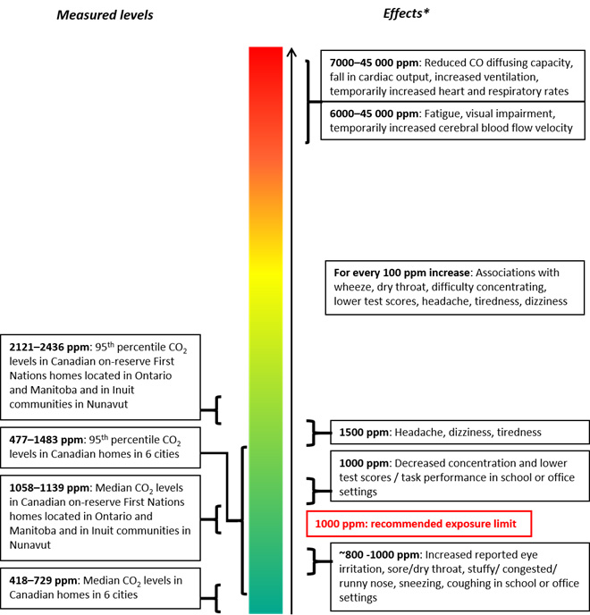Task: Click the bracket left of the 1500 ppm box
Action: pyautogui.click(x=310, y=433)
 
